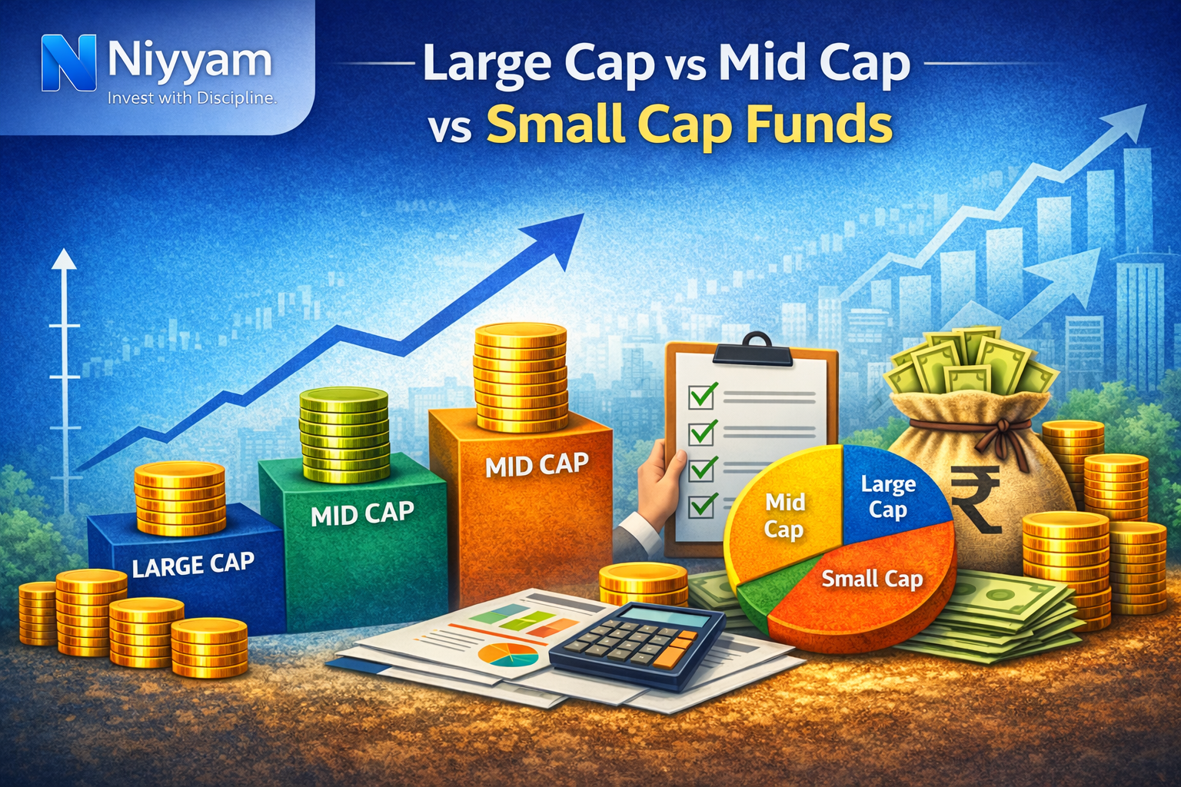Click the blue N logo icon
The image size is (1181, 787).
(68, 63)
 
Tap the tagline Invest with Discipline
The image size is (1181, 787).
(191, 98)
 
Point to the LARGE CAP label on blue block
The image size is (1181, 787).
(192, 565)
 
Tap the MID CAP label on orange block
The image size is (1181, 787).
(537, 465)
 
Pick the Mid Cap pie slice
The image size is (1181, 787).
(783, 516)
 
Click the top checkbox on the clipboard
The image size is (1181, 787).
(702, 396)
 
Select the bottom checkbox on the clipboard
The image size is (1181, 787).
(702, 505)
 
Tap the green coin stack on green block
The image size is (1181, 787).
(344, 434)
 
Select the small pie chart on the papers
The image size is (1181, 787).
(507, 656)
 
